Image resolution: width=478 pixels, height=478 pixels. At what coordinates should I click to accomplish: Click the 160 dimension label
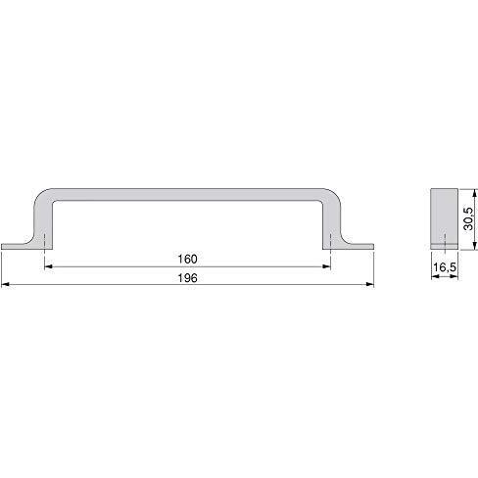point(187,260)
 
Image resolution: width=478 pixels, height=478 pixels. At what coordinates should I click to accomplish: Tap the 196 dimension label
point(187,278)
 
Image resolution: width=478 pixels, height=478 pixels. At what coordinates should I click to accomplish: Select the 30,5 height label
point(468,218)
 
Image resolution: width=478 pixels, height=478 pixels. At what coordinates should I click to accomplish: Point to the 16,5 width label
point(445,267)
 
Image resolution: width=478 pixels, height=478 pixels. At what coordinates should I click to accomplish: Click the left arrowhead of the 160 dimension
point(48,266)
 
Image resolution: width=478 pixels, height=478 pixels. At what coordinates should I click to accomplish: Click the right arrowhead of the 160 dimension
point(326,266)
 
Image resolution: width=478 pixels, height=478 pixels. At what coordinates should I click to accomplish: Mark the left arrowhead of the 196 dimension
point(6,285)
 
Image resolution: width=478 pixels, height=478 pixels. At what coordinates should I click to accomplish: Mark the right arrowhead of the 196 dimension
point(369,285)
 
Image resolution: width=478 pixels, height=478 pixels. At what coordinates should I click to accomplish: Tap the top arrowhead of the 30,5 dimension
point(475,193)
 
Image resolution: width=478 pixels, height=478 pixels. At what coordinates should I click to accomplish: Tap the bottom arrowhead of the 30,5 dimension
point(475,246)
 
